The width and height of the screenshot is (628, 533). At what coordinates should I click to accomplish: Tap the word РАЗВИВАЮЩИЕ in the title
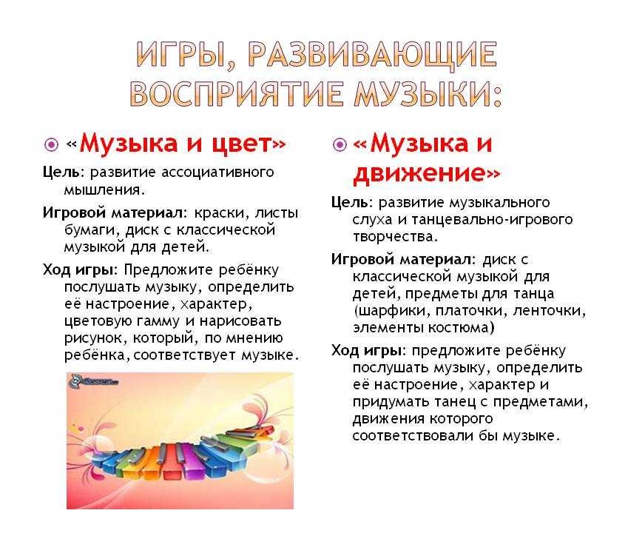373,55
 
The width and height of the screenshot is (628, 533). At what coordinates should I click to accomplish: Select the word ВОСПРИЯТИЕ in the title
237,94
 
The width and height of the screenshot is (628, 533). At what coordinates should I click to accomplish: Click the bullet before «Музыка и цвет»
51,144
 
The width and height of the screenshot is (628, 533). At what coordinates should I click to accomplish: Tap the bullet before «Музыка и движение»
340,144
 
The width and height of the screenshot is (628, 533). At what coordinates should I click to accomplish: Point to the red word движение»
426,173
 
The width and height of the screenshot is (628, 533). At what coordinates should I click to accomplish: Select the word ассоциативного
217,172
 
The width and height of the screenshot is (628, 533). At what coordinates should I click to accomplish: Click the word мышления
104,190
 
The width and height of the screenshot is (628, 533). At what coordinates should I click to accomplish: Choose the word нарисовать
240,321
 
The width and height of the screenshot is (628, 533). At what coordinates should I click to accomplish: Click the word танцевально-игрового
492,220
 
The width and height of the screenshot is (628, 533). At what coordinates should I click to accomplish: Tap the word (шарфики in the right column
391,312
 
